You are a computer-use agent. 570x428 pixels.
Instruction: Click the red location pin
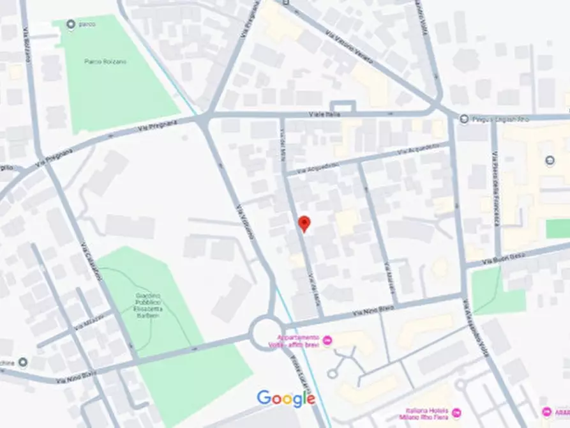[304, 224]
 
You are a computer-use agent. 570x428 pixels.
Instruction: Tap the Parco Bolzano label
[105, 61]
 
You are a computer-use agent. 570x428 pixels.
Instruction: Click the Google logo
[286, 399]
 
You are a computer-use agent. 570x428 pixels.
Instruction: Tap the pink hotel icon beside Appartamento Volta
[327, 339]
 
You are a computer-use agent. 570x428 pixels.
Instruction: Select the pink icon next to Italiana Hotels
[456, 413]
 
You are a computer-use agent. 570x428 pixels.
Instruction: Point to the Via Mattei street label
[389, 276]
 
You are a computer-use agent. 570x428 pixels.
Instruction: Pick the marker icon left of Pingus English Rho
[463, 118]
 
